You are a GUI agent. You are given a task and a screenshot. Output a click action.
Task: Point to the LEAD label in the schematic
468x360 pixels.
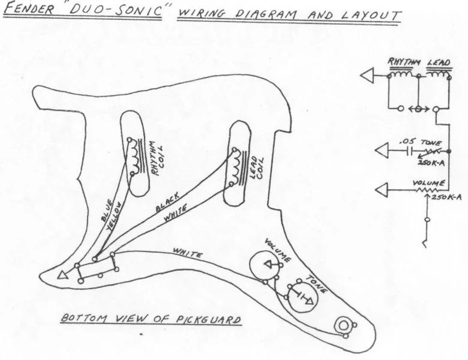[x=439, y=62]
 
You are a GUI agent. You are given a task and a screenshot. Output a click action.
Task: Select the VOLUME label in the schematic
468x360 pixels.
[x=428, y=183]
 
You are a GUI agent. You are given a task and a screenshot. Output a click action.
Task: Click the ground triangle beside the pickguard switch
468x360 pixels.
[x=61, y=276]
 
